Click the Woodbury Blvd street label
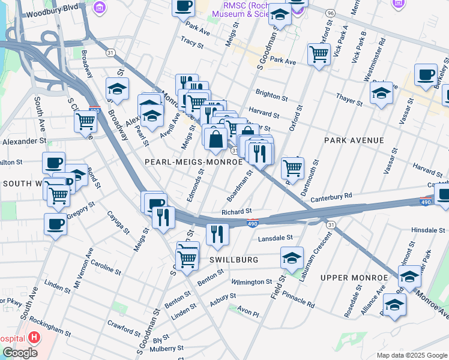[x=53, y=7]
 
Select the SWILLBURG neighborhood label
[x=234, y=260]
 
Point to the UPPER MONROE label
[x=354, y=278]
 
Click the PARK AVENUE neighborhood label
[x=354, y=140]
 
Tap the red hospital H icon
[x=34, y=337]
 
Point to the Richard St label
[x=236, y=212]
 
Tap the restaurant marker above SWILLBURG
[x=217, y=233]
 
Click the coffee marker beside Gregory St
[x=55, y=225]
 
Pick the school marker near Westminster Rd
[x=381, y=93]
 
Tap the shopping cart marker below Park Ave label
[x=319, y=55]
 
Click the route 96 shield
[x=330, y=13]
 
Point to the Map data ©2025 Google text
[x=411, y=355]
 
